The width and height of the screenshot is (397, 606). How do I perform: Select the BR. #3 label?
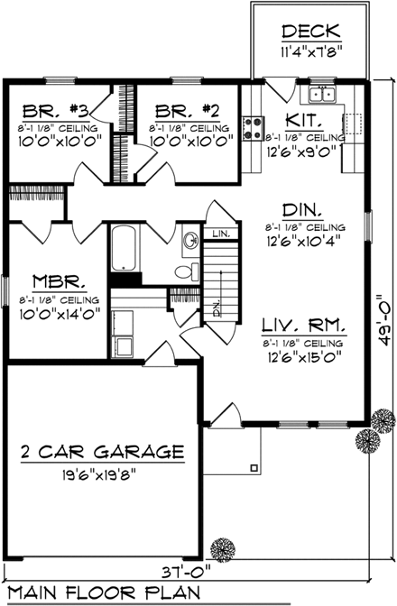[x=55, y=111]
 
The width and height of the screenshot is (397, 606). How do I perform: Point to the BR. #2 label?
[x=187, y=111]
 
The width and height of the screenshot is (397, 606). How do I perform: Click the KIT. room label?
[x=300, y=118]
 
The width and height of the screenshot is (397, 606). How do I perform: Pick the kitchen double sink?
[x=321, y=95]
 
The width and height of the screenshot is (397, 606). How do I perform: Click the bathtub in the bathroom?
[x=125, y=248]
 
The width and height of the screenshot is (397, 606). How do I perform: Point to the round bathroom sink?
[x=190, y=241]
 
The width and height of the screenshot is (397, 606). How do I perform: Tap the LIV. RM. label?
[x=304, y=324]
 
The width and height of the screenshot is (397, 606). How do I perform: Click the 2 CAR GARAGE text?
[x=104, y=451]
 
